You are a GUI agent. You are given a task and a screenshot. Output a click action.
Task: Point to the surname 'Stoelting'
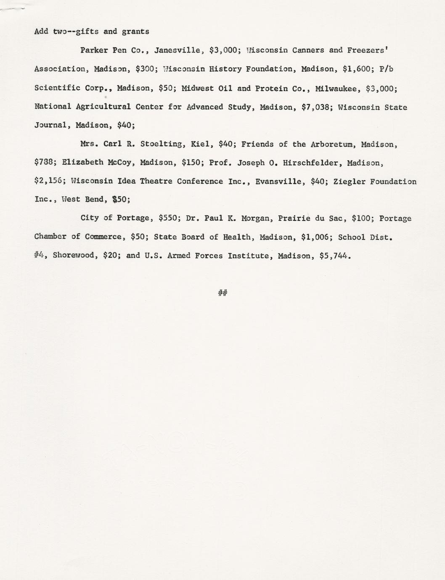161,144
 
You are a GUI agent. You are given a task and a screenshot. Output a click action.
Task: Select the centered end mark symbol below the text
222,293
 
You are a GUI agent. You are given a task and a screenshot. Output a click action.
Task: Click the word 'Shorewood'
76,256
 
